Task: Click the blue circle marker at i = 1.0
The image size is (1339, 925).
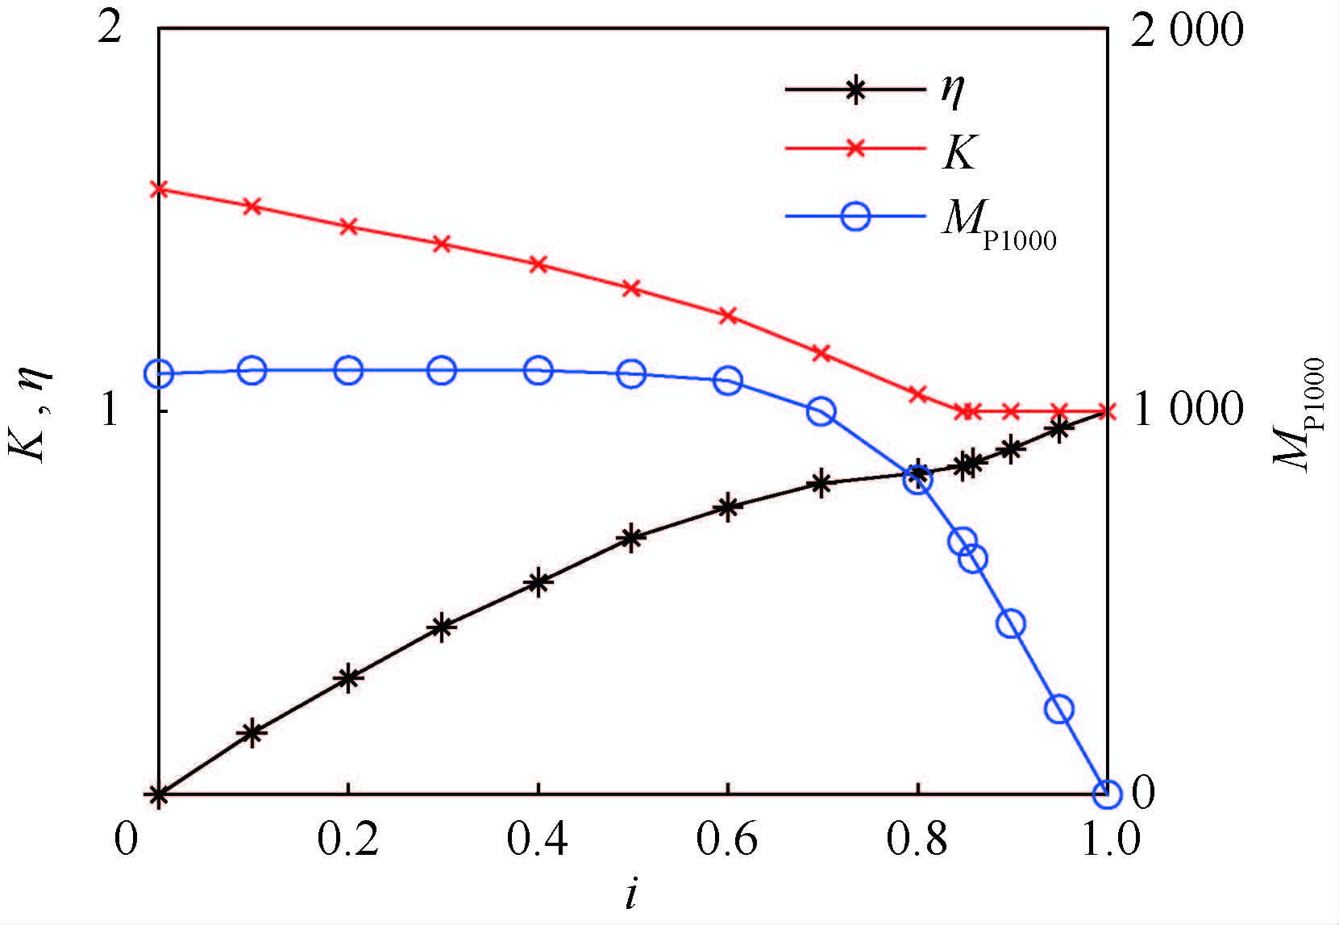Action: point(1107,794)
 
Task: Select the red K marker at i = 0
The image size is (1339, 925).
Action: point(160,190)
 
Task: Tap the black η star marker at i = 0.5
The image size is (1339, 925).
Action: point(632,537)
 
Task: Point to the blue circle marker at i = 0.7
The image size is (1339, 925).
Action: point(821,411)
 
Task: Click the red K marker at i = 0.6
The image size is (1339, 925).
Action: point(728,315)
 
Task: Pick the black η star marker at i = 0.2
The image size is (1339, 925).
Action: point(348,678)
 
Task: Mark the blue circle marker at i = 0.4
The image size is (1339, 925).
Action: point(538,370)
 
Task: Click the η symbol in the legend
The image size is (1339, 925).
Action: point(952,90)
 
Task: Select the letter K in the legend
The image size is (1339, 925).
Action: point(959,151)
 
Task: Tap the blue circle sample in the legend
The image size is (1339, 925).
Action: point(855,215)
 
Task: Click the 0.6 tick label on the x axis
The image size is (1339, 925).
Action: point(727,840)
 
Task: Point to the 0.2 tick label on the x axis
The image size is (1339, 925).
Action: point(347,840)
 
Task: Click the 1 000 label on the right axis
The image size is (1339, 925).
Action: point(1187,410)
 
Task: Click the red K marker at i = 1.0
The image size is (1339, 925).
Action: point(1107,411)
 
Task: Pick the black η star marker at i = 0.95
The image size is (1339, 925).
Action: point(1059,430)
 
